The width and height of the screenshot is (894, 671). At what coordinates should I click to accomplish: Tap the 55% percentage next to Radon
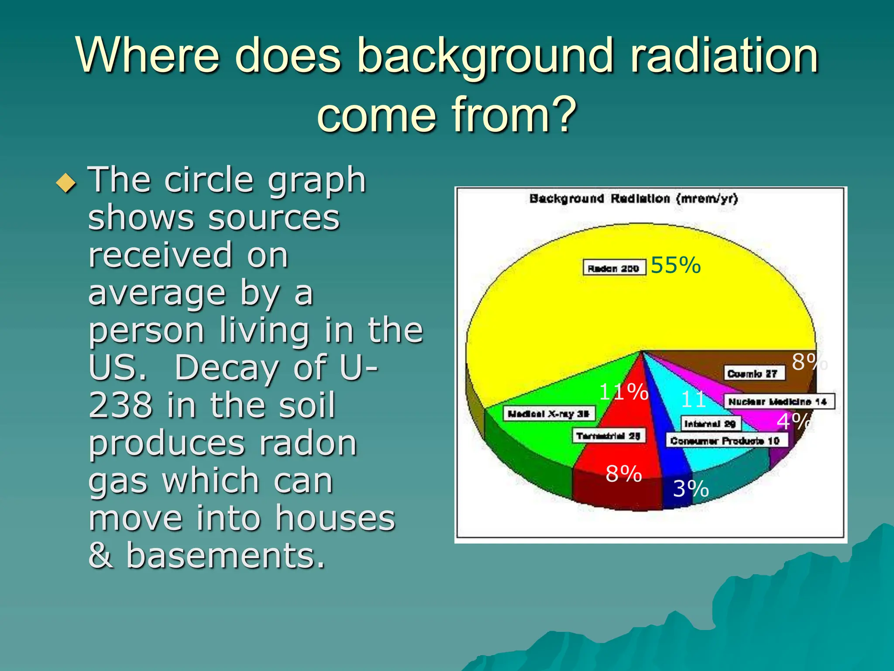click(675, 265)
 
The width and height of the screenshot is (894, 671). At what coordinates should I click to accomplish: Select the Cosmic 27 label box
click(754, 374)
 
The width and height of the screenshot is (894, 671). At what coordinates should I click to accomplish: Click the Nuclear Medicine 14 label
click(779, 401)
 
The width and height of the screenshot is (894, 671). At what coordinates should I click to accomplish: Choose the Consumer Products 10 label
click(727, 440)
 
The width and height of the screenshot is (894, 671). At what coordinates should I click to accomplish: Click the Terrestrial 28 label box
click(609, 436)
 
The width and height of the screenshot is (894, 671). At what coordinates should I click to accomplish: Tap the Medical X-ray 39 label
click(549, 413)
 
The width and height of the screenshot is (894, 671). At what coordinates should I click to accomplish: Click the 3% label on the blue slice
click(691, 488)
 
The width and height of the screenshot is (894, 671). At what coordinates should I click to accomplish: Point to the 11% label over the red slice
click(623, 391)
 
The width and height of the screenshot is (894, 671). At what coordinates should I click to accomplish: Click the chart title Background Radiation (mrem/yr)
click(633, 199)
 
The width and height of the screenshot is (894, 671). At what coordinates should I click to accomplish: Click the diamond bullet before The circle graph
click(66, 183)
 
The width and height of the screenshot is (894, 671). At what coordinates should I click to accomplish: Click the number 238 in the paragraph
click(120, 405)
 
